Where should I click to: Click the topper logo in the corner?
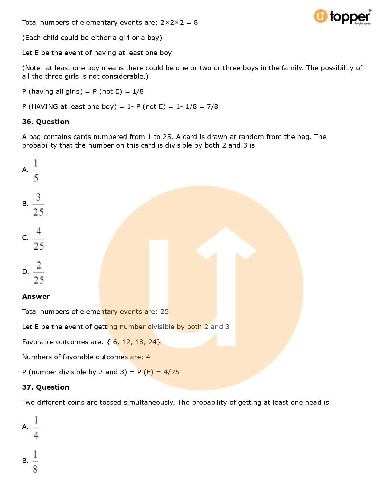pos(342,17)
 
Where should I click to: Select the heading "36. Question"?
pos(46,122)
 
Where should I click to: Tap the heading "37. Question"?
pos(46,387)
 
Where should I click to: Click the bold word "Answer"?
pos(36,296)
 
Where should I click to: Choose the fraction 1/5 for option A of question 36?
pos(36,171)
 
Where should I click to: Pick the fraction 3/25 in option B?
pos(38,205)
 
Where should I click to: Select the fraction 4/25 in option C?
pos(39,239)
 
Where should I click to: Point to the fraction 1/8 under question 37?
pos(35,461)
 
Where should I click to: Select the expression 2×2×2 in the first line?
pos(172,22)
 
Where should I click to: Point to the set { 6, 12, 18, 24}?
pos(133,342)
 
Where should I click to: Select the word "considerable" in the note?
pos(124,76)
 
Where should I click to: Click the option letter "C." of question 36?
pos(25,238)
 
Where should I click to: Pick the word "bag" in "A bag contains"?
pos(35,137)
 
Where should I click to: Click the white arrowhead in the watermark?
pos(226,242)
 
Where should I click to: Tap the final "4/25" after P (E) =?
pos(171,372)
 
